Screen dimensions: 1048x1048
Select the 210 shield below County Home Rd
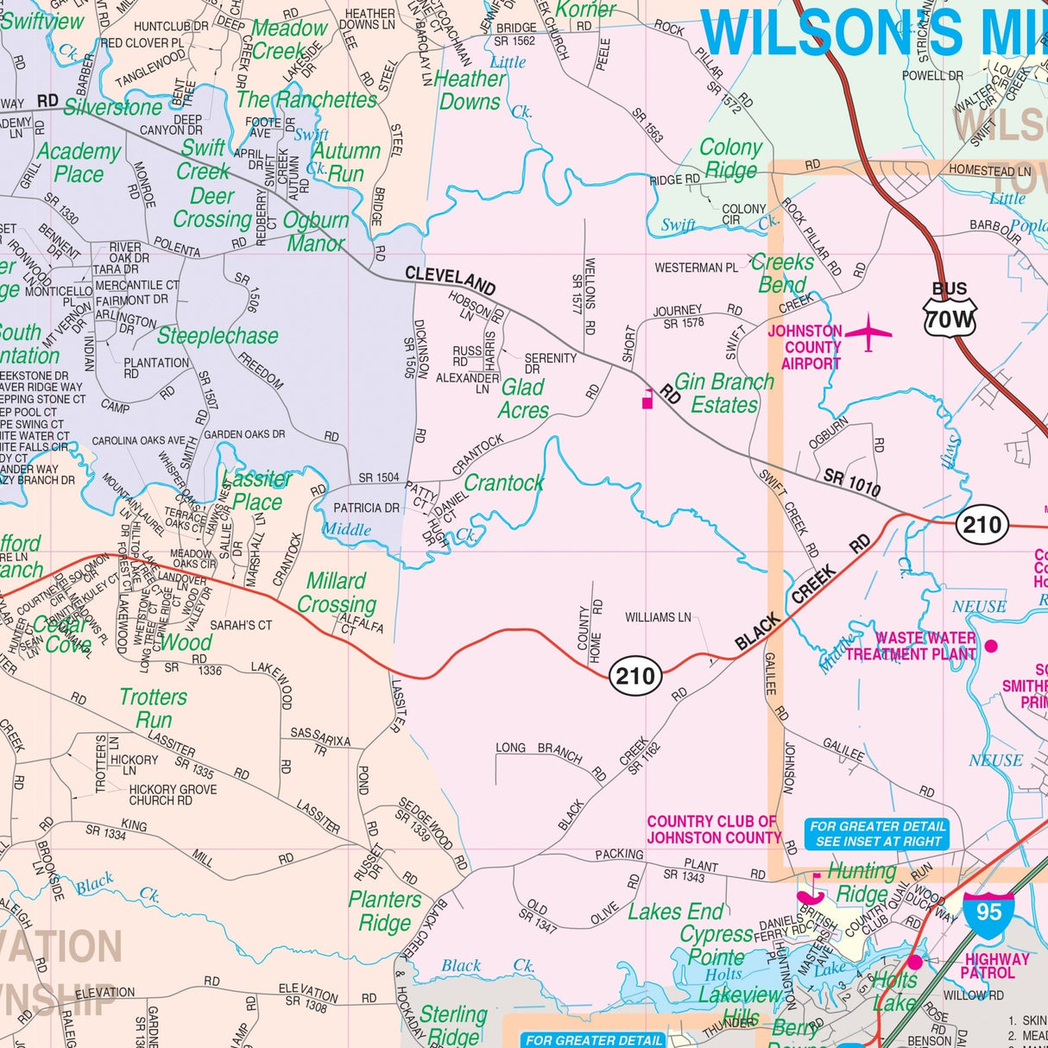pos(636,675)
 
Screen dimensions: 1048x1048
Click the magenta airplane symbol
pos(868,332)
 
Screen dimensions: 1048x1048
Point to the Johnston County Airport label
pos(805,347)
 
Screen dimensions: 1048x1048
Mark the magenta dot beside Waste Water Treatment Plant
pos(991,646)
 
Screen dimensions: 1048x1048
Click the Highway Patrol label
pos(996,966)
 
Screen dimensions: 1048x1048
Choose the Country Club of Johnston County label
pos(713,830)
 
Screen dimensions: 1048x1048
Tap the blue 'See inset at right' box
pos(878,833)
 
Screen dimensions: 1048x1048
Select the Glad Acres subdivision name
pos(523,399)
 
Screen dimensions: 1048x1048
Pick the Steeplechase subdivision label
pos(218,336)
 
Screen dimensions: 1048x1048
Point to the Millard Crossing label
pos(336,593)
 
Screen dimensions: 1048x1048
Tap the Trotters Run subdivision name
pos(153,708)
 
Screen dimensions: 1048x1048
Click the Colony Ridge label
pos(730,159)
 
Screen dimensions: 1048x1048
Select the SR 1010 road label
pos(852,483)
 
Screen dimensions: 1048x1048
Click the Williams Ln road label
pos(658,617)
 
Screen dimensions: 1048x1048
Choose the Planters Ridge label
pos(385,911)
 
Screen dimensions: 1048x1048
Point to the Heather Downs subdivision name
pos(470,90)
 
